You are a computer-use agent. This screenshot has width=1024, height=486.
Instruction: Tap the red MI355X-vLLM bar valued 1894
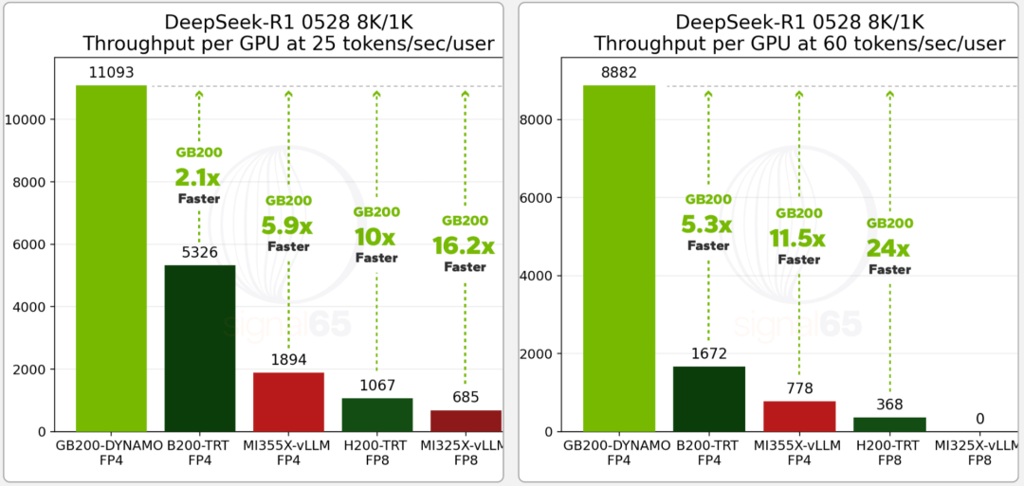point(288,402)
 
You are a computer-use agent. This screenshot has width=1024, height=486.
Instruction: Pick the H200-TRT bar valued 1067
point(376,414)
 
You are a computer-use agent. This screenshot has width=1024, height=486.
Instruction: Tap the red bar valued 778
point(799,416)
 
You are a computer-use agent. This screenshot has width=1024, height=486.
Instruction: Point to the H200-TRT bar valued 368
point(889,424)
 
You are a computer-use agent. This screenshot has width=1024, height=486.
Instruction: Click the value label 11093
point(111,71)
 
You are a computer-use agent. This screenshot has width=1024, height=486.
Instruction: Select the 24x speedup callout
point(887,248)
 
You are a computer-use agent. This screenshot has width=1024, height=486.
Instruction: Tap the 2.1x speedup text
point(198,176)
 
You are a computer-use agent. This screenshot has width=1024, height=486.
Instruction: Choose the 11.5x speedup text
point(798,237)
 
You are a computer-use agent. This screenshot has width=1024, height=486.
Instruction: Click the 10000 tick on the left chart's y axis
point(35,119)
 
